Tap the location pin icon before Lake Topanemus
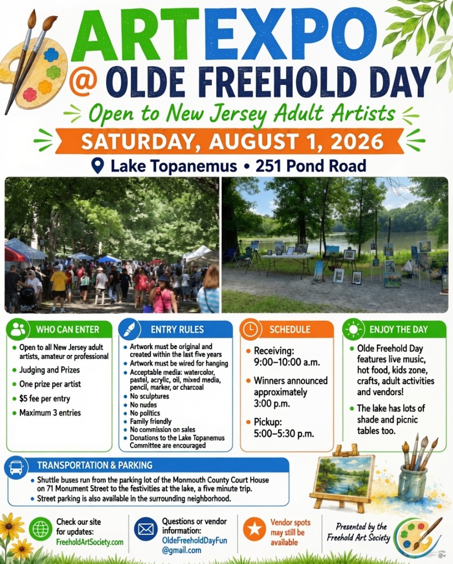(98, 166)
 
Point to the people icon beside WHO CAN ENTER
(18, 329)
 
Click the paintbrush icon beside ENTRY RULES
(129, 330)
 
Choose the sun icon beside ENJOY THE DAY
(353, 329)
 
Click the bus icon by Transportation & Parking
(16, 468)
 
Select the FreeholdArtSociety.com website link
(90, 542)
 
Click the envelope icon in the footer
(146, 529)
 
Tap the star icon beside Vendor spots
(255, 529)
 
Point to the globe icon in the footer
(41, 529)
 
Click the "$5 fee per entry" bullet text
(45, 399)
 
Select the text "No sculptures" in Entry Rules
(149, 396)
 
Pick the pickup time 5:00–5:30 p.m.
(284, 434)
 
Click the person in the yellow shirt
(58, 288)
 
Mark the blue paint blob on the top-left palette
(51, 55)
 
